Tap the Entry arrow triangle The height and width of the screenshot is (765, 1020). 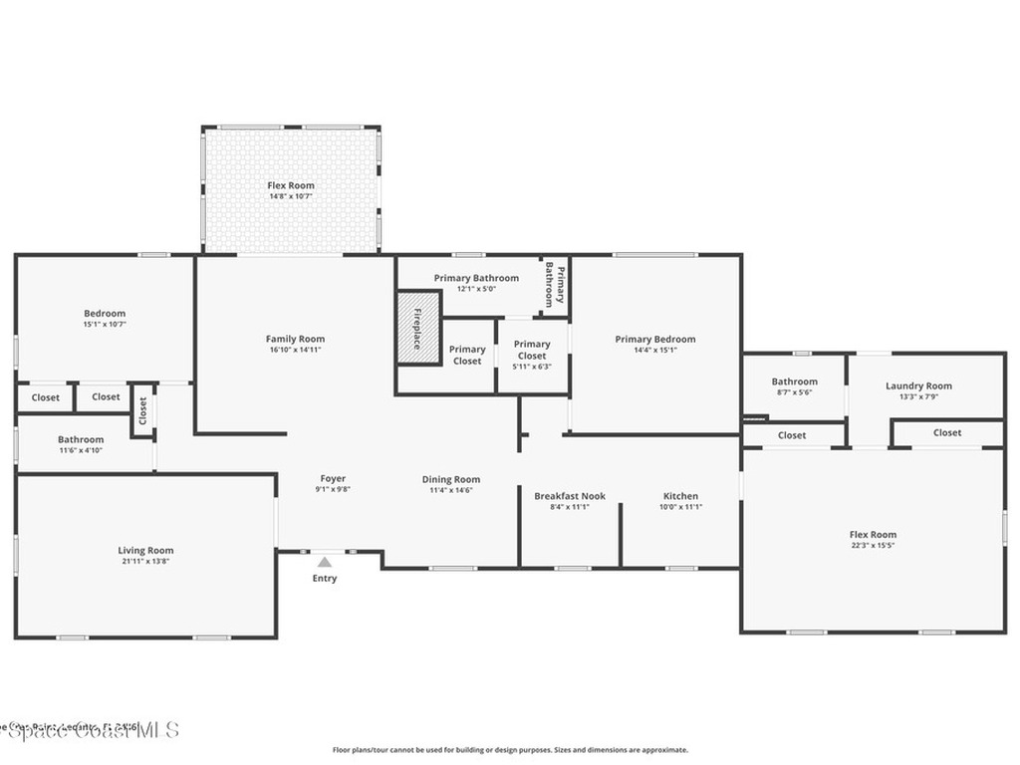[x=325, y=563]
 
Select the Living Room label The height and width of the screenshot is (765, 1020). [x=145, y=551]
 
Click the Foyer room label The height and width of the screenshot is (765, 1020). [x=333, y=479]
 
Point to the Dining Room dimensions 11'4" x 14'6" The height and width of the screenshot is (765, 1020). [x=451, y=490]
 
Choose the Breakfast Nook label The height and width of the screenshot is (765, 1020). [x=570, y=496]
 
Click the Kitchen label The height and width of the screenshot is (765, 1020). [x=680, y=496]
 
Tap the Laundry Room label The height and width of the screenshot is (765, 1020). [x=918, y=385]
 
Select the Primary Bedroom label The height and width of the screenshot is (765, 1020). [x=654, y=339]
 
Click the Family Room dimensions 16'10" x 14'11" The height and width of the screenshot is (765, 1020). [x=296, y=350]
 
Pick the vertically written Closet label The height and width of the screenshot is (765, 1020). [x=142, y=409]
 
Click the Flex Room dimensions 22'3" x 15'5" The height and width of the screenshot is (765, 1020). [x=873, y=546]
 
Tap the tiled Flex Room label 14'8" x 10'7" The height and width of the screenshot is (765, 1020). [x=291, y=196]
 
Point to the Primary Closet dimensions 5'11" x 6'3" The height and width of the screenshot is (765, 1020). [x=532, y=367]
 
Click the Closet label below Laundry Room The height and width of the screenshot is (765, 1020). [x=947, y=432]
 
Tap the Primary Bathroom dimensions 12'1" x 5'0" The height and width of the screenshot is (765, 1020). [x=476, y=289]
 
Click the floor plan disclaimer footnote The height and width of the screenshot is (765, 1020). [x=509, y=750]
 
